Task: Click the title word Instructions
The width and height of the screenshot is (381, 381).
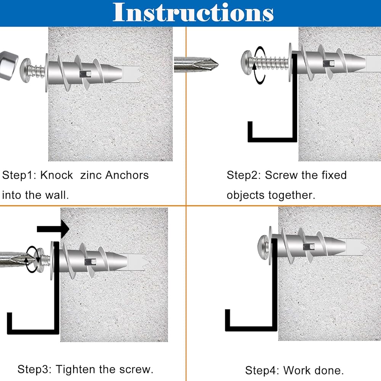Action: click(193, 13)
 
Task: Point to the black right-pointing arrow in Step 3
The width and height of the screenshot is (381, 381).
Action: click(53, 229)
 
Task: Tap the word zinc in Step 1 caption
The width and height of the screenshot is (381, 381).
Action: click(89, 175)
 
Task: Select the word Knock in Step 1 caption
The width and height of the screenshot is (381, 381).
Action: click(56, 175)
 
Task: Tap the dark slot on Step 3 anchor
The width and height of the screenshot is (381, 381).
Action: click(90, 262)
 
